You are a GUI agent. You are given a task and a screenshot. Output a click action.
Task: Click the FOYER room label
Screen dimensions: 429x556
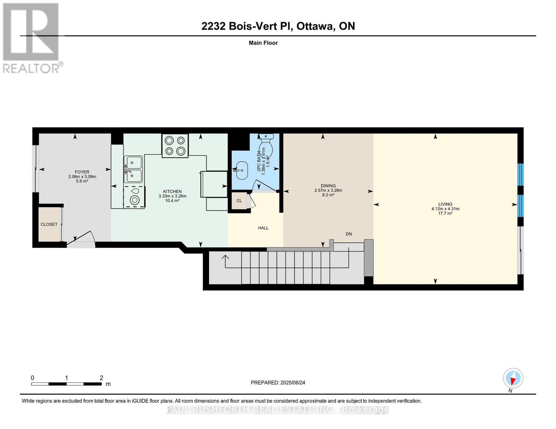click(82, 172)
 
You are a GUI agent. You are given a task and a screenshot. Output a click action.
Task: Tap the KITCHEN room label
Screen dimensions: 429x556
click(172, 192)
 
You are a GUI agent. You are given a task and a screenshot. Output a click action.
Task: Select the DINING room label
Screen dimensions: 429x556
click(328, 186)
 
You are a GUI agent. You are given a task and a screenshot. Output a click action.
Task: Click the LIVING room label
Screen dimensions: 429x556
click(445, 204)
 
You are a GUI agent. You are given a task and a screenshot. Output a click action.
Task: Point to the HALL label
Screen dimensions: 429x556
click(263, 228)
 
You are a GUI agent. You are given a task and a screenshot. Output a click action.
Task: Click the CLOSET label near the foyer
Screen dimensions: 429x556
click(49, 224)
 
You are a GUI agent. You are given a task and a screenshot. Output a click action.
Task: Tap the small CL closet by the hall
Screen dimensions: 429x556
click(239, 201)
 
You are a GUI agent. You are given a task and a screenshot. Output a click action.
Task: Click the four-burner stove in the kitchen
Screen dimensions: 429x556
click(175, 146)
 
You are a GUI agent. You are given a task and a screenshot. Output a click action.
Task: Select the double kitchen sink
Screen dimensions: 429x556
click(133, 169)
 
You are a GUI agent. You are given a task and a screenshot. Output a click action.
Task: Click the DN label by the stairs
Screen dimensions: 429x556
click(349, 234)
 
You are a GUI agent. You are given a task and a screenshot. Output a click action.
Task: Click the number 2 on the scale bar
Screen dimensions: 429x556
click(101, 378)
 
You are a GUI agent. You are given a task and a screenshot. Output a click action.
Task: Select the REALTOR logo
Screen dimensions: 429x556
click(32, 38)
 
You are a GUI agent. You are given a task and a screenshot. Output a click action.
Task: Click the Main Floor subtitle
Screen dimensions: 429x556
click(263, 43)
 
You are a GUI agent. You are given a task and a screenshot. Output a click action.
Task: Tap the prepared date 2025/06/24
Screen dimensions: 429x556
click(292, 383)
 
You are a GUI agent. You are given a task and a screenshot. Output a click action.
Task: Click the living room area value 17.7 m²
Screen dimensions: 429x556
click(445, 213)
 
